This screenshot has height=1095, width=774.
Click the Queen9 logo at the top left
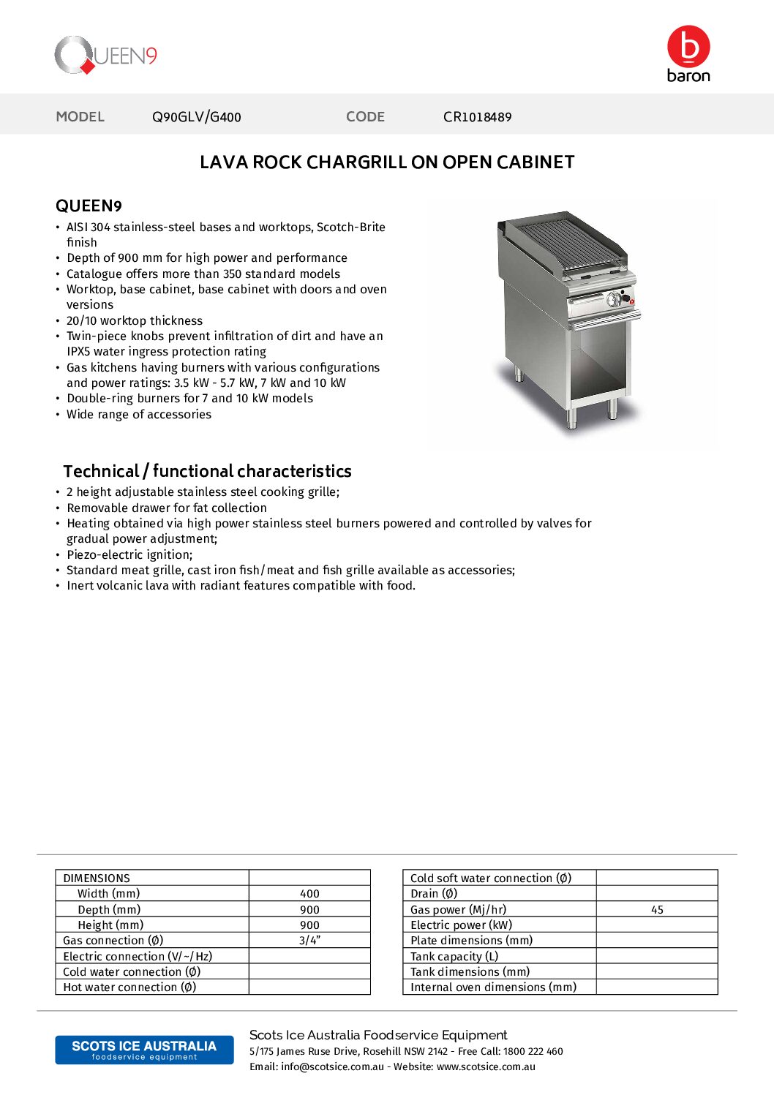coord(106,56)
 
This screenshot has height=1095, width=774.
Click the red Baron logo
coord(688,53)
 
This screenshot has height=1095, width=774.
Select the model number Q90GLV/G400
coord(196,117)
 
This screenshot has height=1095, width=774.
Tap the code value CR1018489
coord(477,117)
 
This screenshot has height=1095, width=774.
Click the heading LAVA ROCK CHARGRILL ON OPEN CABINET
coord(387,162)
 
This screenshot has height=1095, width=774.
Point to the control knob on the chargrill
coord(615,298)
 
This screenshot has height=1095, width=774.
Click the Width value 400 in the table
coord(309,894)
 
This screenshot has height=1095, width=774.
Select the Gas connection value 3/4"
coord(309,941)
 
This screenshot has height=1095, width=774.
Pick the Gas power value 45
coord(657,910)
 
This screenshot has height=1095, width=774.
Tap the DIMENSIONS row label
coord(97,878)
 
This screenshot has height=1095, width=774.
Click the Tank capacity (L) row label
coord(454,957)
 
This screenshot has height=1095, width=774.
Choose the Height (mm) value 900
coord(309,925)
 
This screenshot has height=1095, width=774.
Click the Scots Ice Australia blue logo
coord(144,1050)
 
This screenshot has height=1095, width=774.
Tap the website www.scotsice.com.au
coord(486,1067)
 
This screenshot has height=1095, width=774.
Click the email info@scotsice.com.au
coord(332,1067)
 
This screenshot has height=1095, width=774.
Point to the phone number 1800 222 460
coord(533,1052)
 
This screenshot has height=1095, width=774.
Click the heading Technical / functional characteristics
coord(207,471)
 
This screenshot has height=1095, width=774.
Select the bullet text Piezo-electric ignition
coord(129,555)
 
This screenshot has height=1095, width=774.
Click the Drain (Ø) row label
coord(434,894)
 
